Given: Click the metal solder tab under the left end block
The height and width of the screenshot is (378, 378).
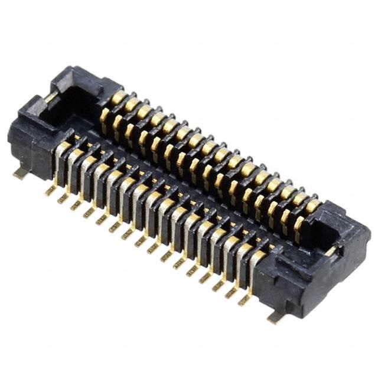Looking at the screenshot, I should coord(21,173).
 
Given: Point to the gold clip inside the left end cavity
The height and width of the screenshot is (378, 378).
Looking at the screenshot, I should coord(52,96).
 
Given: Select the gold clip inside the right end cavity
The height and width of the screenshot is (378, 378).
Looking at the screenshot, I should coord(333,250).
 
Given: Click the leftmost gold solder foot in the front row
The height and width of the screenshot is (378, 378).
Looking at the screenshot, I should coord(51,190).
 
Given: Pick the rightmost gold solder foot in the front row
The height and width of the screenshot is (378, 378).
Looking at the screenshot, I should coord(243,299).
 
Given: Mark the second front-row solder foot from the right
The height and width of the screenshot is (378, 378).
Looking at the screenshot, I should coord(230,292).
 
